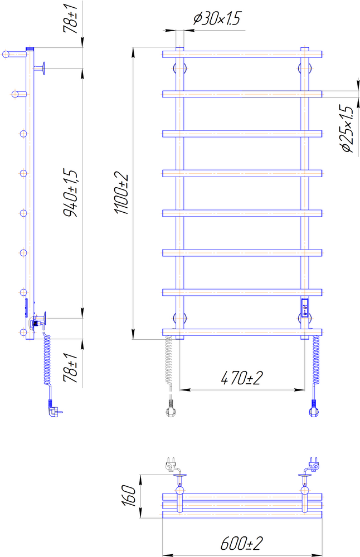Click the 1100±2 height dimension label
pyautogui.click(x=121, y=193)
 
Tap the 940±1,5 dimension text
pyautogui.click(x=70, y=193)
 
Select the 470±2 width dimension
pyautogui.click(x=242, y=378)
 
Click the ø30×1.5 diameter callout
pyautogui.click(x=217, y=18)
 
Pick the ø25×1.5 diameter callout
pyautogui.click(x=347, y=129)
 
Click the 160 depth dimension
pyautogui.click(x=130, y=496)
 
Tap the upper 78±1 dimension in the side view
pyautogui.click(x=70, y=19)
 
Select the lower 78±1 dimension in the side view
pyautogui.click(x=70, y=368)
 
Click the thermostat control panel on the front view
pyautogui.click(x=305, y=307)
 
